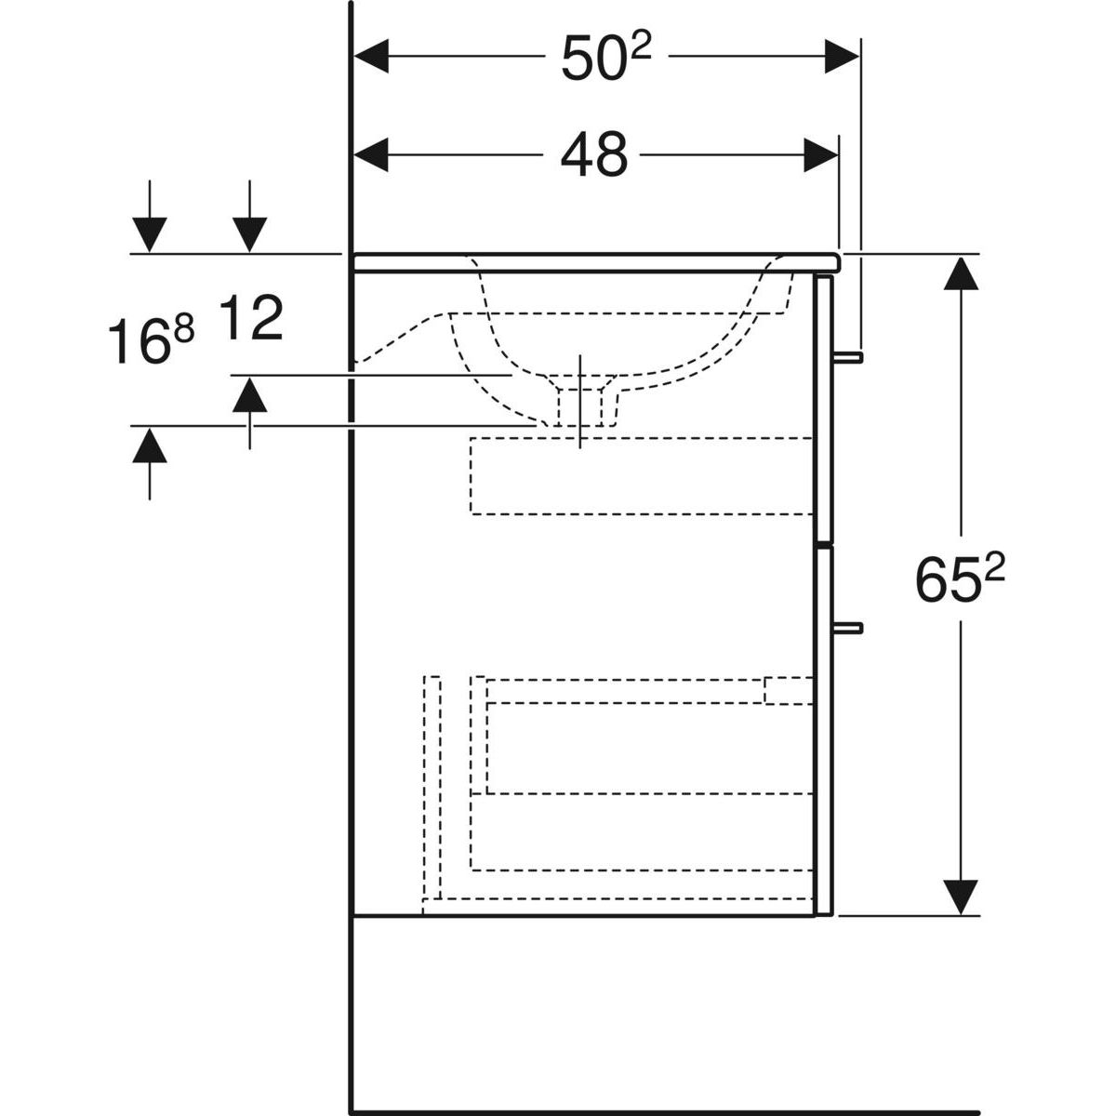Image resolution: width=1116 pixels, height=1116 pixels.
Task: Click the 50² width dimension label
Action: coord(606,57)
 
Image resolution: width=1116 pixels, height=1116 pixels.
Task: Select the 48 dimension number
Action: coord(594,154)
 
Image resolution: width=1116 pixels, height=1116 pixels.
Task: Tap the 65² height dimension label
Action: coord(960,578)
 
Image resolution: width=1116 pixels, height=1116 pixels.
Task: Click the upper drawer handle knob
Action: coord(848,357)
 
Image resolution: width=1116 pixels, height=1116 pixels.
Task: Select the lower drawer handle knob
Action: coord(848,628)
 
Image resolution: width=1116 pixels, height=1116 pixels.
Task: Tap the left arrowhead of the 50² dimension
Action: coord(371,56)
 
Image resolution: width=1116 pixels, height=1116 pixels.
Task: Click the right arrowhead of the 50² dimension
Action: coord(842,56)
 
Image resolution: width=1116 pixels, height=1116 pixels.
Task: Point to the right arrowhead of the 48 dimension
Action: coord(821,154)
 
